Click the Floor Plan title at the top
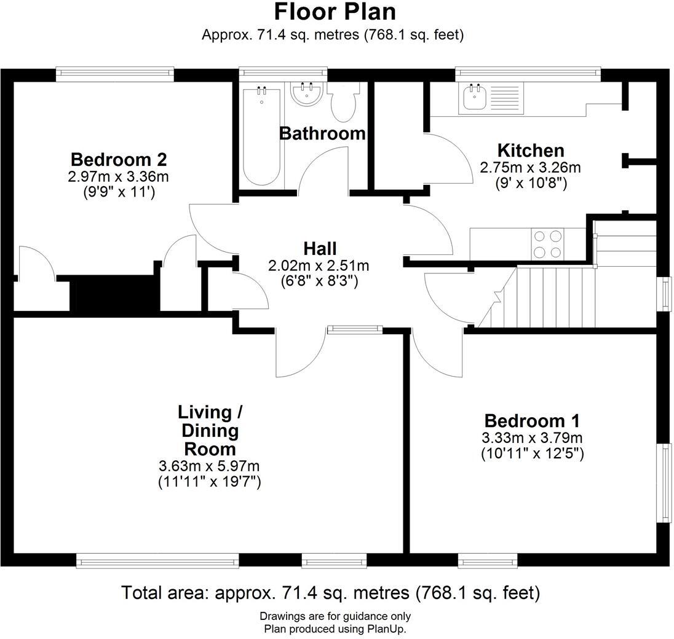tap(335, 12)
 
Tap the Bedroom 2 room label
tap(119, 160)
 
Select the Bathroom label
tap(322, 133)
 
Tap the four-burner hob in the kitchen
tap(548, 243)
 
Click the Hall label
tap(320, 249)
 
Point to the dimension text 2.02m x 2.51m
tap(319, 265)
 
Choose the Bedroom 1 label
tap(531, 421)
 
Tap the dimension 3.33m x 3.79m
tap(531, 438)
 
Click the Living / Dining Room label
tap(209, 430)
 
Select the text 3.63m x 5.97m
tap(209, 466)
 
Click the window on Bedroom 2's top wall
tap(114, 74)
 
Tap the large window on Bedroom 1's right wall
tap(664, 483)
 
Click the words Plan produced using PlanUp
tap(335, 629)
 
